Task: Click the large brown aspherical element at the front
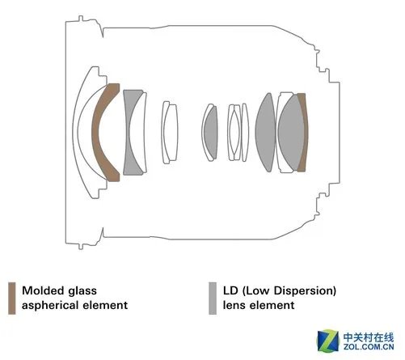[x=98, y=132]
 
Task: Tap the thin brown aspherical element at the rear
[x=303, y=132]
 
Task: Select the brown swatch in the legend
[x=12, y=299]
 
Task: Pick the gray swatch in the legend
[x=213, y=299]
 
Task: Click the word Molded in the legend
[x=43, y=290]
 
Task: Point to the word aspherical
[x=51, y=306]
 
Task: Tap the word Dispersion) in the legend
[x=305, y=290]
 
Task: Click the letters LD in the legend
[x=230, y=290]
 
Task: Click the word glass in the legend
[x=82, y=291]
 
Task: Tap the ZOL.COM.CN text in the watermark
[x=369, y=346]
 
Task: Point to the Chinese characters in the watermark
[x=369, y=337]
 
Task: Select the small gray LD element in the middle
[x=211, y=132]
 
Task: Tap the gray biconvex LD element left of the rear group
[x=265, y=132]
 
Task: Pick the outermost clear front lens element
[x=75, y=132]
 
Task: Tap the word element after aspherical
[x=105, y=306]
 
